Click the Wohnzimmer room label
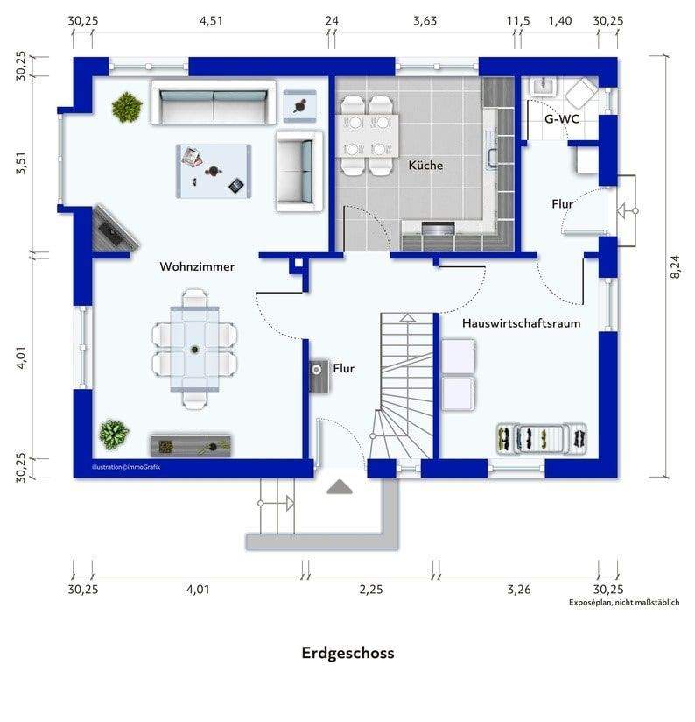(x=197, y=266)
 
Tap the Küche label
(x=425, y=166)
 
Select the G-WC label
(x=562, y=119)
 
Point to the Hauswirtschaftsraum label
(x=521, y=323)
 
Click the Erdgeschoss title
(x=347, y=653)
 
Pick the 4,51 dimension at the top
(x=211, y=21)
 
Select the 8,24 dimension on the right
(x=675, y=267)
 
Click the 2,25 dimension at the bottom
(x=371, y=590)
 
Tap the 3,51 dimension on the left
(x=21, y=164)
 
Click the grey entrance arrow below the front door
(x=340, y=487)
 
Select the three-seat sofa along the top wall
(x=214, y=103)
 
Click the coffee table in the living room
(x=214, y=171)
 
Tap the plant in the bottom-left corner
(x=114, y=434)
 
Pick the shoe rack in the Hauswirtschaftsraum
(x=542, y=439)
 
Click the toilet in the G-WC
(x=581, y=92)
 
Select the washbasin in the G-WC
(x=544, y=86)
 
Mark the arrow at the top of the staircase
(x=408, y=318)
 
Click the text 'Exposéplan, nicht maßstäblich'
(x=624, y=602)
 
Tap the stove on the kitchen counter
(x=438, y=229)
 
